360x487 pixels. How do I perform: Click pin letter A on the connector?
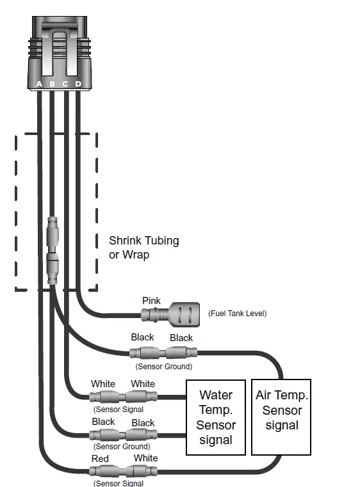pos(40,84)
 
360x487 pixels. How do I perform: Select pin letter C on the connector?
pos(65,84)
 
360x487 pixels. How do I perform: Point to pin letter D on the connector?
pos(78,84)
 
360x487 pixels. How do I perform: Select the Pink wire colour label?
pos(151,301)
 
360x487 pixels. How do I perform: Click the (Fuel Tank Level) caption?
pos(237,313)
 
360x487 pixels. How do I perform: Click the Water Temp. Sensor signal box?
pos(216,417)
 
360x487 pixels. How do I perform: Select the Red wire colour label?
pos(101,458)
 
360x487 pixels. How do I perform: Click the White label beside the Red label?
pos(145,458)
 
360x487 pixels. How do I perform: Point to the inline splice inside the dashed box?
pos(53,250)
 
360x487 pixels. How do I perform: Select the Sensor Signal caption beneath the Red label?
pos(119,483)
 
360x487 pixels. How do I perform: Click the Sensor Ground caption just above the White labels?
pos(163,367)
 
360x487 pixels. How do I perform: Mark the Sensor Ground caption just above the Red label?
pos(122,446)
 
